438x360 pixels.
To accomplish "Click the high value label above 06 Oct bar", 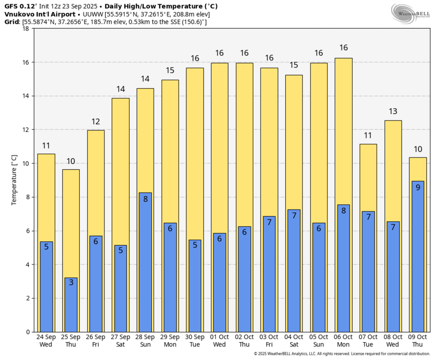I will coord(343,48).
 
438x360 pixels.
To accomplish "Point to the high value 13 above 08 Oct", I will coord(393,112).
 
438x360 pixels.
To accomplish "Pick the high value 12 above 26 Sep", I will coord(96,122).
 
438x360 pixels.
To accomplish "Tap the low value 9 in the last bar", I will coord(418,187).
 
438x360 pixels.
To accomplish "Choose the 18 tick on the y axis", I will coord(26,29).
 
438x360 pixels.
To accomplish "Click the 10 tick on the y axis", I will coord(26,164).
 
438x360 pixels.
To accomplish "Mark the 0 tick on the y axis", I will coord(28,332).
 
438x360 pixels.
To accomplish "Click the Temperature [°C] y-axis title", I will coord(14,180).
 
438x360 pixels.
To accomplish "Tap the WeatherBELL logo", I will coord(411,13).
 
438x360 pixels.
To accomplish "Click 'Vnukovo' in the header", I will coord(19,15).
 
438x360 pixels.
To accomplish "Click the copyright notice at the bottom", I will coord(341,354).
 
